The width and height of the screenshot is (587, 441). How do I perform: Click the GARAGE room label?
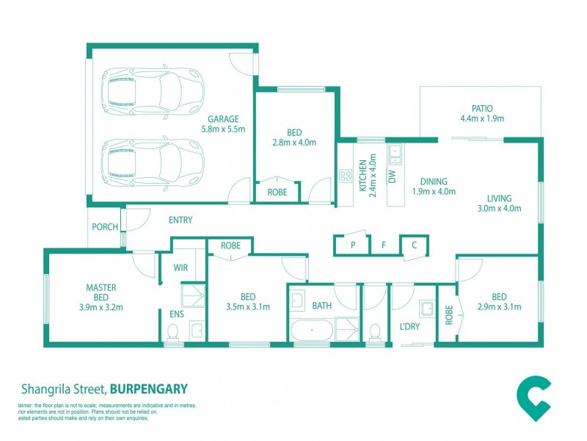223,119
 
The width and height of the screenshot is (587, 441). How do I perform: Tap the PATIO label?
482,109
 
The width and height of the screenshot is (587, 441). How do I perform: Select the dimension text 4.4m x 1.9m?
482,118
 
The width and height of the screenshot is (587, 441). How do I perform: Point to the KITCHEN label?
362,176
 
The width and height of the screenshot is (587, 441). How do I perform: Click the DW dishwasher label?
392,176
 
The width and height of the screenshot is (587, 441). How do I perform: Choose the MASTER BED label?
101,293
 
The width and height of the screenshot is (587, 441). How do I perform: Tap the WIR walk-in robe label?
181,268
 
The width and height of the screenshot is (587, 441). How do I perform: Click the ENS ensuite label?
177,314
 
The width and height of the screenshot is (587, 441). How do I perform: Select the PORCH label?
105,227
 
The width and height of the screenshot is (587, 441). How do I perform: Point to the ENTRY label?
181,220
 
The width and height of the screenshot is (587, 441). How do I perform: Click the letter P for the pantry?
353,245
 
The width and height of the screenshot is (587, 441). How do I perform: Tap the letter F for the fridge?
383,245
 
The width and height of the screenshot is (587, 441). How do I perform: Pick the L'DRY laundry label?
409,326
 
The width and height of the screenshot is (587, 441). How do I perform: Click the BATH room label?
322,306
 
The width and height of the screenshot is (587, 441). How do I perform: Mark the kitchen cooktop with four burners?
346,176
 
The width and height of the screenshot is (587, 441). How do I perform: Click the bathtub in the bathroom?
312,330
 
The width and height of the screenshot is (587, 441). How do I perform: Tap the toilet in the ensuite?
172,332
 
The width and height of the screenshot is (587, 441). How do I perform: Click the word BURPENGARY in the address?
149,389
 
